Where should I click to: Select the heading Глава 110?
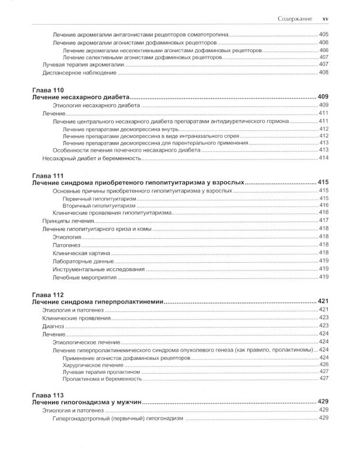tap(46, 89)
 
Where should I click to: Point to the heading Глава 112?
tap(46, 295)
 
